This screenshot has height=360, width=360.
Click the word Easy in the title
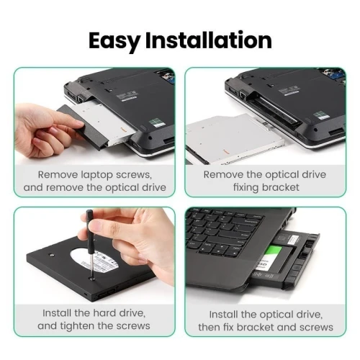(x=114, y=40)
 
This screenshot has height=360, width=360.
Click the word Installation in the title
(x=209, y=40)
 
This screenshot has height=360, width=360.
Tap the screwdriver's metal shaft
(x=91, y=264)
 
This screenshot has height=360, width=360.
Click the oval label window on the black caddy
(x=95, y=260)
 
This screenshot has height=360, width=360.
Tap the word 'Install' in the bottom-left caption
(x=57, y=313)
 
